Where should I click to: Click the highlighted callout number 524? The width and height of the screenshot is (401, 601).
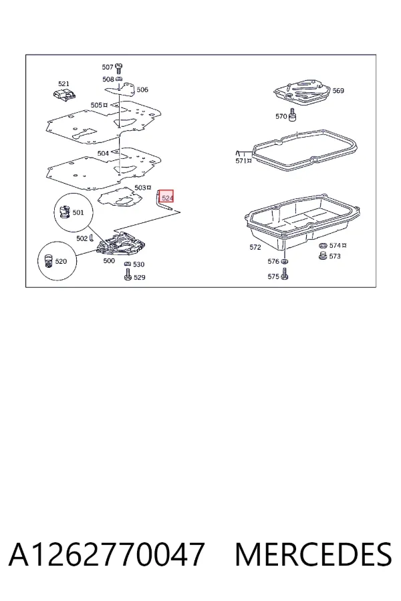[166, 198]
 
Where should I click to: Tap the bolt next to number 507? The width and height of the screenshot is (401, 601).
[119, 68]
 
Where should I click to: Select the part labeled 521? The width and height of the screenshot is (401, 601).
[64, 94]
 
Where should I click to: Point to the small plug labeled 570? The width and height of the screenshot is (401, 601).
[293, 115]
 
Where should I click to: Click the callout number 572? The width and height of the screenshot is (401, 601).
[255, 247]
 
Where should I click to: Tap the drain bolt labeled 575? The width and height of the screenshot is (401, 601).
[284, 274]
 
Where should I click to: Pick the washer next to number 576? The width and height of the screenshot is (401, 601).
[284, 261]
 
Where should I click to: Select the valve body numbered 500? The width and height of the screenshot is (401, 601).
[121, 244]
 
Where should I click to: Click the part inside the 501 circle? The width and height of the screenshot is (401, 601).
[64, 212]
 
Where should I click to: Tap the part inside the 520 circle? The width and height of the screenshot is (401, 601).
[48, 261]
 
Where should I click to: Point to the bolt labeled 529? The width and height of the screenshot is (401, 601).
[128, 274]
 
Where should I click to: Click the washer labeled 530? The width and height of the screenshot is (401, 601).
[128, 264]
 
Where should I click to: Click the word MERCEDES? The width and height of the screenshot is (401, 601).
[313, 554]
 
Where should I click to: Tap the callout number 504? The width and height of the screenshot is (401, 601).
[103, 154]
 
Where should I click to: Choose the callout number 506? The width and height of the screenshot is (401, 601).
[142, 89]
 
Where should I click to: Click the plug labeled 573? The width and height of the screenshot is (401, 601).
[323, 256]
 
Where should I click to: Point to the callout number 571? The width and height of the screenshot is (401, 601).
[241, 161]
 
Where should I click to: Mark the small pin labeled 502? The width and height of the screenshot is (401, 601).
[91, 238]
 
